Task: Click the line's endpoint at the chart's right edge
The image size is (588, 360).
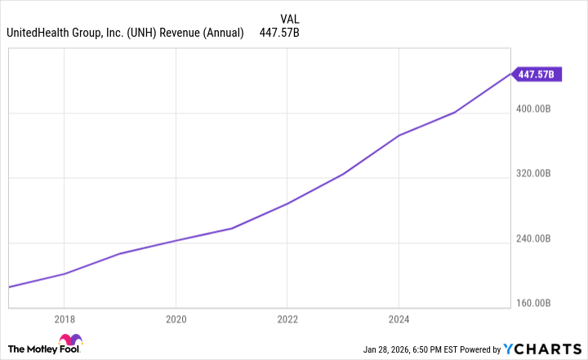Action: pos(510,74)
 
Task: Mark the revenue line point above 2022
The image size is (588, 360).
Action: pos(287,203)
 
